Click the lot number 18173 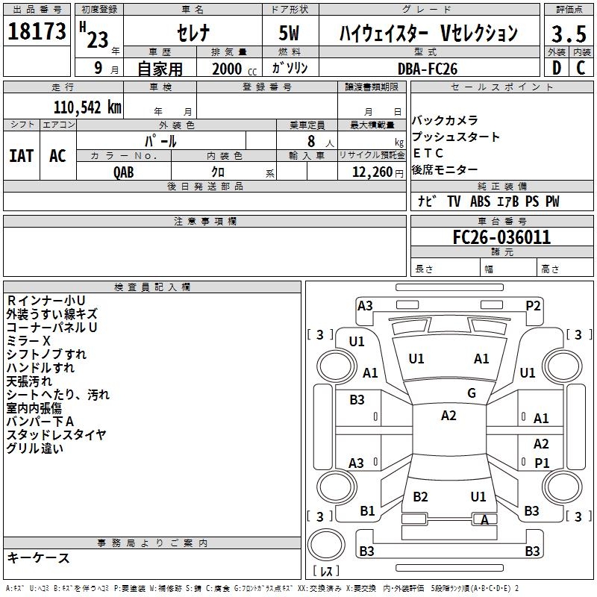(37, 33)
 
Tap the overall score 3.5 (569, 34)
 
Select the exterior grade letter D (556, 68)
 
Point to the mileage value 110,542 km (87, 106)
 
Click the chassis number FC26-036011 (501, 238)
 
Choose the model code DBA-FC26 (428, 68)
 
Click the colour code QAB (125, 172)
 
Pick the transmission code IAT (21, 155)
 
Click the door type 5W (290, 34)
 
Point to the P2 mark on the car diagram (533, 305)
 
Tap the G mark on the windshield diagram (472, 393)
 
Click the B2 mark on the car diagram (421, 497)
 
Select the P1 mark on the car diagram (542, 463)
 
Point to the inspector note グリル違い (34, 448)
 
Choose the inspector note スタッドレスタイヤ (56, 434)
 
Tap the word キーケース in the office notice (38, 557)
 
